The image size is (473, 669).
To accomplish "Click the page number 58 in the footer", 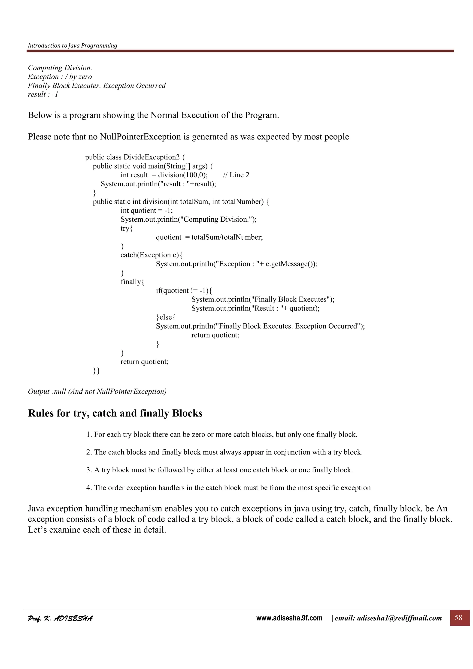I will [458, 618].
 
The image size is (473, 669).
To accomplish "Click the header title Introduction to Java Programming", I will [72, 45].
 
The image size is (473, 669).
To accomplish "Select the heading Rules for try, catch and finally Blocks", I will [115, 413].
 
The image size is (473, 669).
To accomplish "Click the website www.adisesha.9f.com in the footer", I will [289, 618].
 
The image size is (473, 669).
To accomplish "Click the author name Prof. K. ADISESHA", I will [60, 618].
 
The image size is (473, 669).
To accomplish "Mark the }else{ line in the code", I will [166, 317].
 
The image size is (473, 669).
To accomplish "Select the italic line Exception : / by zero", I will [60, 77].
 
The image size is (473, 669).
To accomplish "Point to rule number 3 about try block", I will [219, 470].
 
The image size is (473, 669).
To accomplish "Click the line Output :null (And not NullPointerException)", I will [97, 391].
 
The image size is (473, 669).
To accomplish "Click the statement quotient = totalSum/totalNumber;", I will [209, 237].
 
